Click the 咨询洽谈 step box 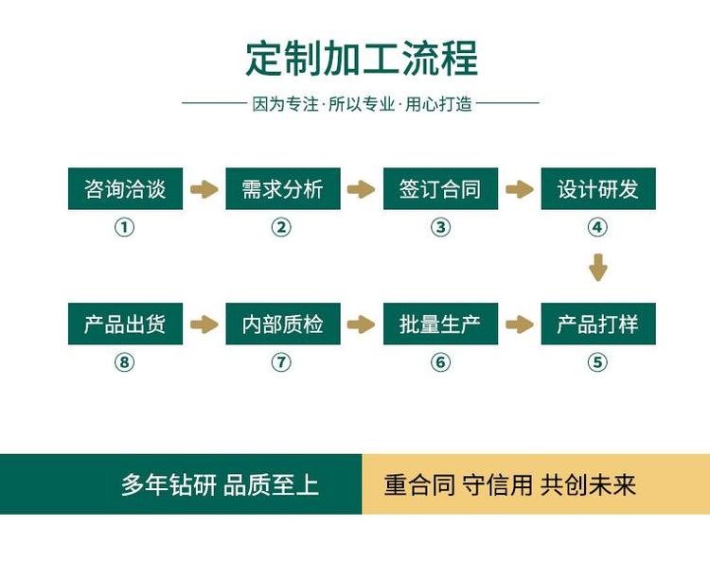pos(125,189)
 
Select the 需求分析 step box pos(282,189)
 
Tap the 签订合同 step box pos(440,189)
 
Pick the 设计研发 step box pos(597,189)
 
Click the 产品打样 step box pos(597,324)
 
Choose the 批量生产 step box pos(440,324)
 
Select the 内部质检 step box pos(282,324)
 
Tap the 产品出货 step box pos(125,324)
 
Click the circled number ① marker pos(125,227)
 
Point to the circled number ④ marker pos(597,227)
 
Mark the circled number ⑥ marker pos(440,362)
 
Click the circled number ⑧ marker pos(125,362)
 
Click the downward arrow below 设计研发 pos(597,267)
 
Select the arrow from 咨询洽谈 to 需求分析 pos(204,189)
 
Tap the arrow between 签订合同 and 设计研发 pos(519,189)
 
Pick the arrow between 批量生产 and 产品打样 pos(519,324)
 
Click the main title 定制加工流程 pos(362,58)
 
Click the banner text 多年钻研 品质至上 pos(220,485)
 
